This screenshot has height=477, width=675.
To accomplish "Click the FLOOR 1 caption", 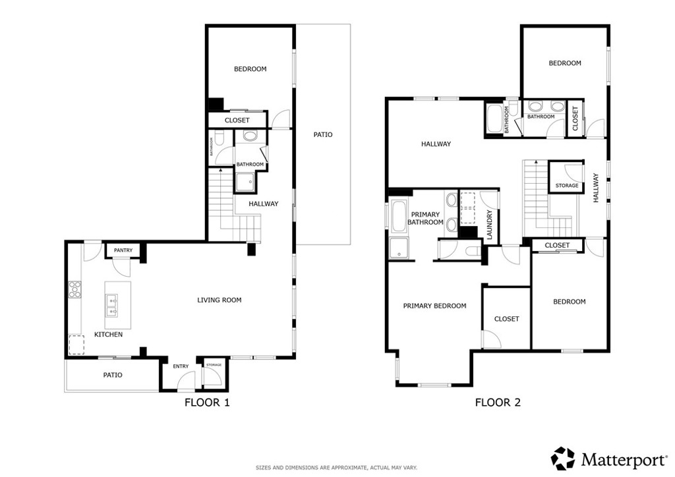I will tap(206, 402).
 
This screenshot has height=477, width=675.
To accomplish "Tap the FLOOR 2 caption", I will tap(498, 402).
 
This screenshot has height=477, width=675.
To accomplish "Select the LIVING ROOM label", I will tap(220, 300).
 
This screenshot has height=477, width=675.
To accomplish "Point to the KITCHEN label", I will tap(108, 335).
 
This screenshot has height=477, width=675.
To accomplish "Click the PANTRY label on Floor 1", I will tap(123, 250).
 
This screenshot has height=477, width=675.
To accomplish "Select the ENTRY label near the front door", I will tap(181, 366).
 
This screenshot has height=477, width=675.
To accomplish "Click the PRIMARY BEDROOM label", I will tap(434, 306).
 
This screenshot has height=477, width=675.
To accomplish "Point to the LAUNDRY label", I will tap(490, 223).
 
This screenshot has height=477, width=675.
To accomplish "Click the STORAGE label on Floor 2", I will tap(567, 186).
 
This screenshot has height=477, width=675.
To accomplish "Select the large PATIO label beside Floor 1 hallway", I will tap(322, 134).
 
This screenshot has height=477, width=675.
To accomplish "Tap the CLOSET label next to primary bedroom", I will tap(506, 319).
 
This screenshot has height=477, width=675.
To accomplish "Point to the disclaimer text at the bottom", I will tap(337, 468).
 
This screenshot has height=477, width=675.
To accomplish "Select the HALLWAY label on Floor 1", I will tap(264, 204).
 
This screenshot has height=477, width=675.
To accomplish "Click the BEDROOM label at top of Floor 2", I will tap(565, 63).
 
